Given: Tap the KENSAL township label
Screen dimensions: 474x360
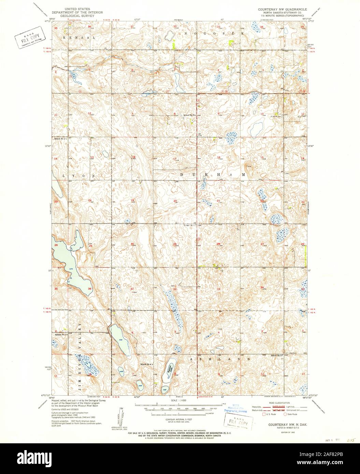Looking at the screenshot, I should pos(79,38).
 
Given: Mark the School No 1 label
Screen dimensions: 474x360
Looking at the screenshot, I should pos(60,139).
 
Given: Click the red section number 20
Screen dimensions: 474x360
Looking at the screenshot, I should pos(175,201).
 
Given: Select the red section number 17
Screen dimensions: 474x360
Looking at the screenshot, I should pos(174,159).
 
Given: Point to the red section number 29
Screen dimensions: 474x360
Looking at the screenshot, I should pos(174,244).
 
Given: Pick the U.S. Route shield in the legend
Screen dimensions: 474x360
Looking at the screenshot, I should pos(264,414).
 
